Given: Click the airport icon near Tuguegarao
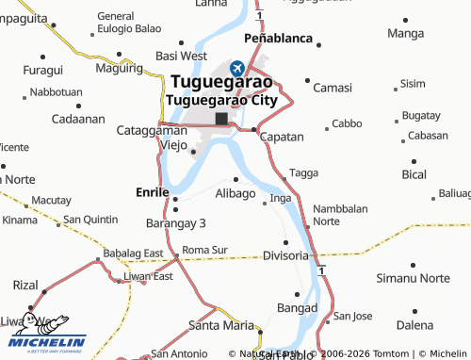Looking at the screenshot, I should pyautogui.click(x=236, y=68).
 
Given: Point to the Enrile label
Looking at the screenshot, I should pyautogui.click(x=152, y=189).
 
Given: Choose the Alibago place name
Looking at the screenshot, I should pyautogui.click(x=235, y=193).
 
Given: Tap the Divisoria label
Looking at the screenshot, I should pyautogui.click(x=286, y=255).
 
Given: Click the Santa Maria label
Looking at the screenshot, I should pyautogui.click(x=221, y=325).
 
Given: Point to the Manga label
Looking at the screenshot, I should pyautogui.click(x=406, y=34).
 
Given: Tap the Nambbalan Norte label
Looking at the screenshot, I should pyautogui.click(x=340, y=214).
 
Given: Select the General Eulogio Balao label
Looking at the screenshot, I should pyautogui.click(x=129, y=23).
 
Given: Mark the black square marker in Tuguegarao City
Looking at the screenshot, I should pyautogui.click(x=222, y=119).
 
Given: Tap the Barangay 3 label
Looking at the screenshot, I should pyautogui.click(x=175, y=222).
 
